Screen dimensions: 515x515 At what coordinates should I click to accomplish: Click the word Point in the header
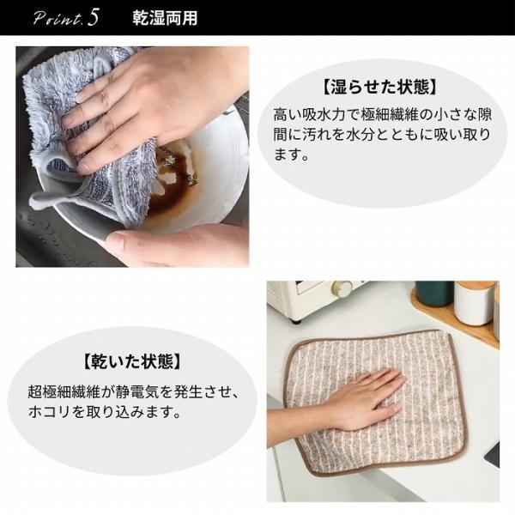pyautogui.click(x=57, y=17)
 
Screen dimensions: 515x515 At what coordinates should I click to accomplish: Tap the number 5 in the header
pyautogui.click(x=94, y=17)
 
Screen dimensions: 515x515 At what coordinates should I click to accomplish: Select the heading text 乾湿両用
pyautogui.click(x=166, y=18)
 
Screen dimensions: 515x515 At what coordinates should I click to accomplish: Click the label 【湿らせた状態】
pyautogui.click(x=380, y=87)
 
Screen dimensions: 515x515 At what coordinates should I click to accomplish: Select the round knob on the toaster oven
pyautogui.click(x=342, y=289)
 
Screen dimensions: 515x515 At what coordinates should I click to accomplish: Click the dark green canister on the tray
pyautogui.click(x=434, y=294)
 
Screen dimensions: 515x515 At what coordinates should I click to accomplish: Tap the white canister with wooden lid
pyautogui.click(x=474, y=303)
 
